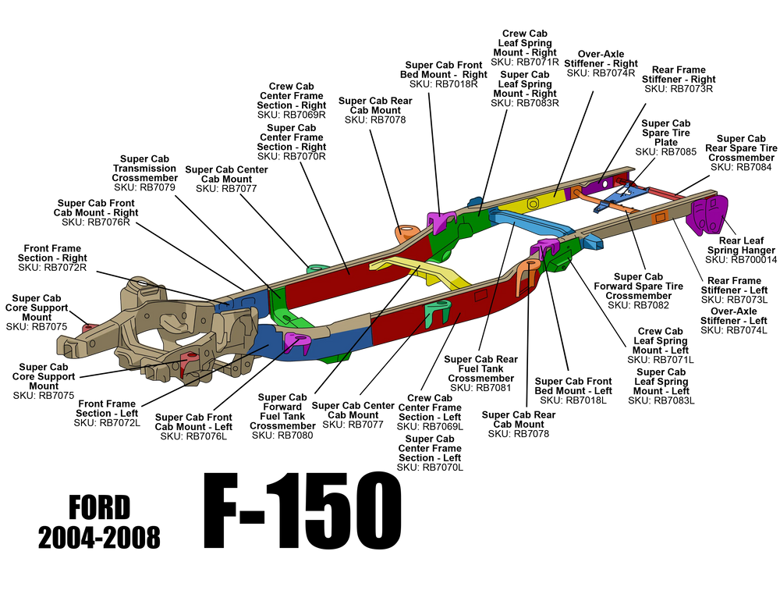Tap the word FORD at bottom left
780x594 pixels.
click(100, 507)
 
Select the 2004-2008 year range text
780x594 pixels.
click(100, 538)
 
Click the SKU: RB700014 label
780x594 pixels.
click(741, 260)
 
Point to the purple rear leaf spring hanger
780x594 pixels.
click(707, 215)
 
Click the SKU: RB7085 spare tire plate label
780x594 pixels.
click(665, 152)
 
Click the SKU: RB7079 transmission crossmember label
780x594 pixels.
click(144, 187)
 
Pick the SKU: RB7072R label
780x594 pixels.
click(52, 268)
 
